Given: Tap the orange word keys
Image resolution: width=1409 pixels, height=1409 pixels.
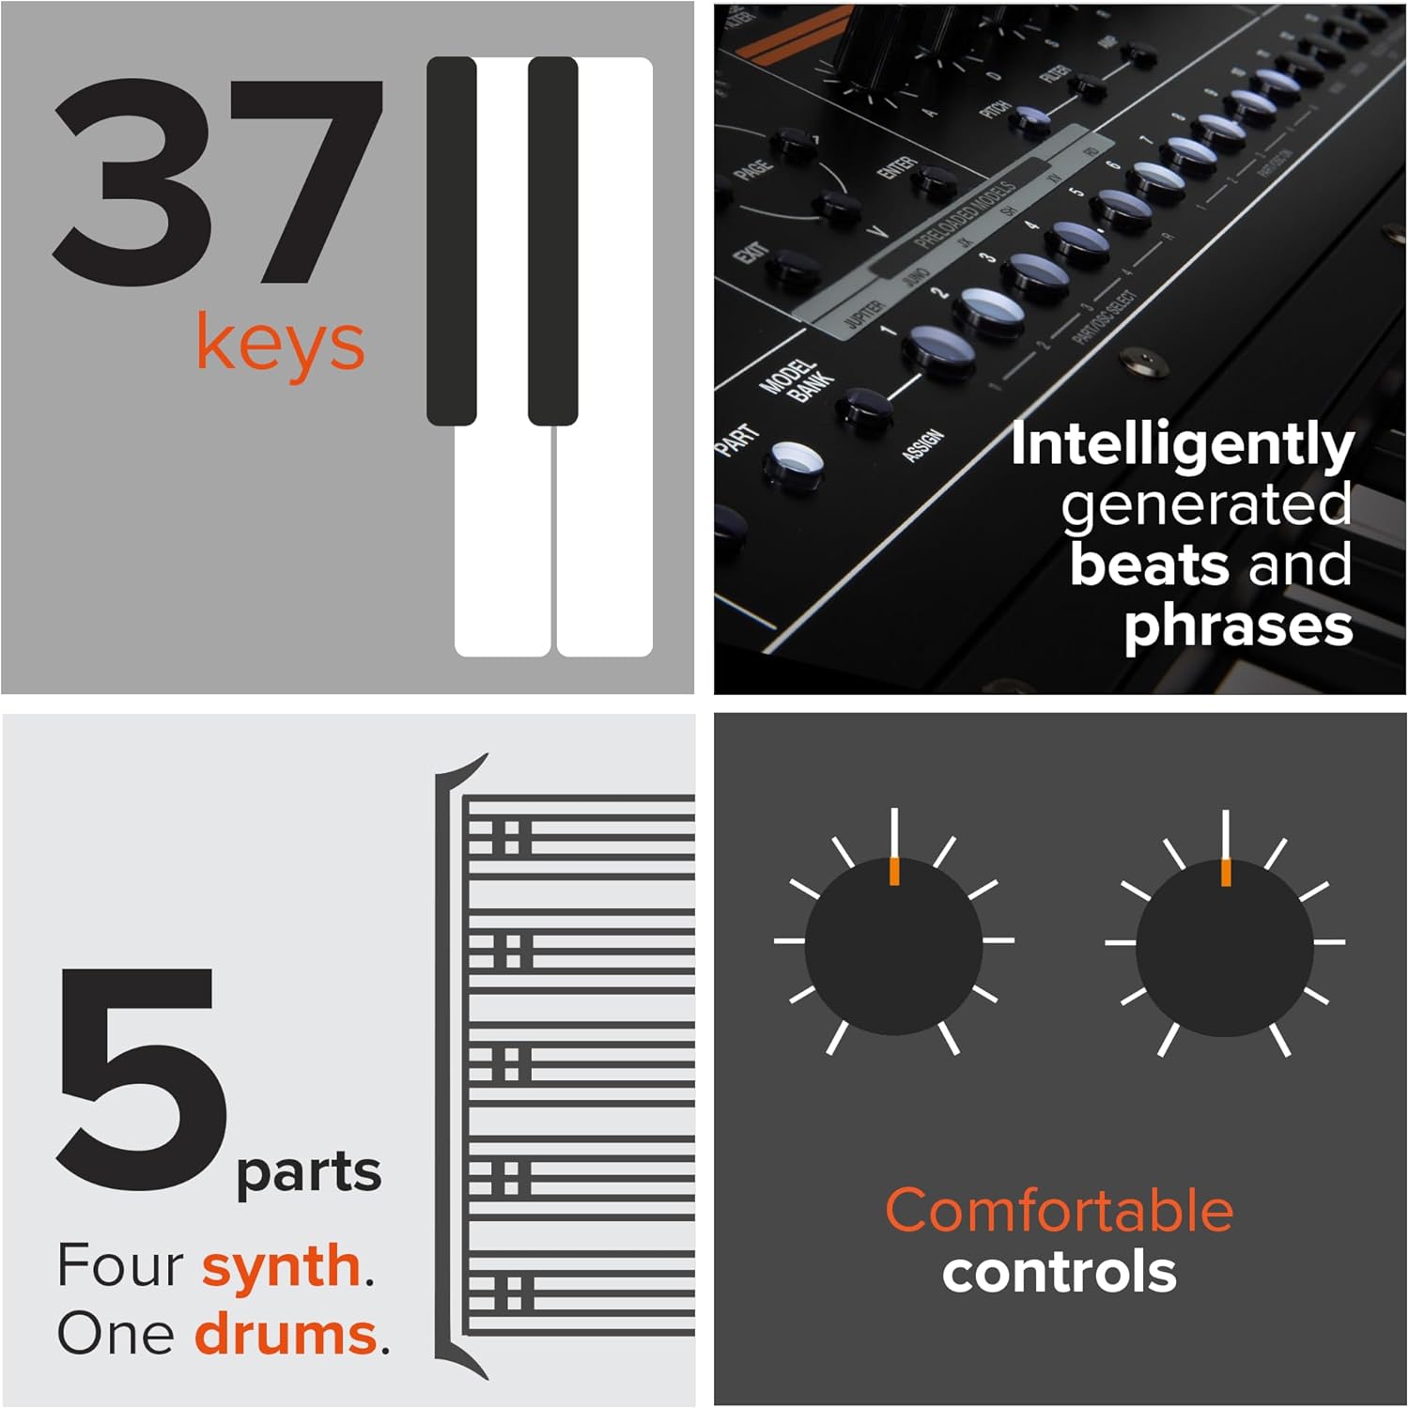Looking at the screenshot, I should tap(280, 344).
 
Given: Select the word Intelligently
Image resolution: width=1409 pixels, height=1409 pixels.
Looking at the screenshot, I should tap(1182, 445).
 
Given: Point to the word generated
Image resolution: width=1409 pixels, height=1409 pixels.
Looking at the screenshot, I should tap(1206, 505).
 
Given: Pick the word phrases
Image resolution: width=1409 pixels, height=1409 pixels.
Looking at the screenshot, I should tap(1238, 626).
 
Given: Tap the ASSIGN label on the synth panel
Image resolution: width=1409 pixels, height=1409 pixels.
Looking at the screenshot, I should tap(922, 444).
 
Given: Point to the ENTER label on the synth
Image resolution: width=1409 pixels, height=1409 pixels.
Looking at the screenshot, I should tap(897, 168).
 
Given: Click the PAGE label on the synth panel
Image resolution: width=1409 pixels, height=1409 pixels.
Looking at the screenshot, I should tap(753, 169).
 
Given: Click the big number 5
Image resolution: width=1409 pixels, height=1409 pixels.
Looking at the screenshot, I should tap(141, 1080).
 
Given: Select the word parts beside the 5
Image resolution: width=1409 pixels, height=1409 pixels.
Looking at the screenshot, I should tap(308, 1172).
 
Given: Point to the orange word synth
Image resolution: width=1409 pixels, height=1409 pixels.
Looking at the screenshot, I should tap(281, 1266).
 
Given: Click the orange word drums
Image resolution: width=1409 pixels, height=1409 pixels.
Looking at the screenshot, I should tap(285, 1334).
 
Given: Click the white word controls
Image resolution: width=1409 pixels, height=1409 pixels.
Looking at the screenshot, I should tap(1059, 1272).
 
